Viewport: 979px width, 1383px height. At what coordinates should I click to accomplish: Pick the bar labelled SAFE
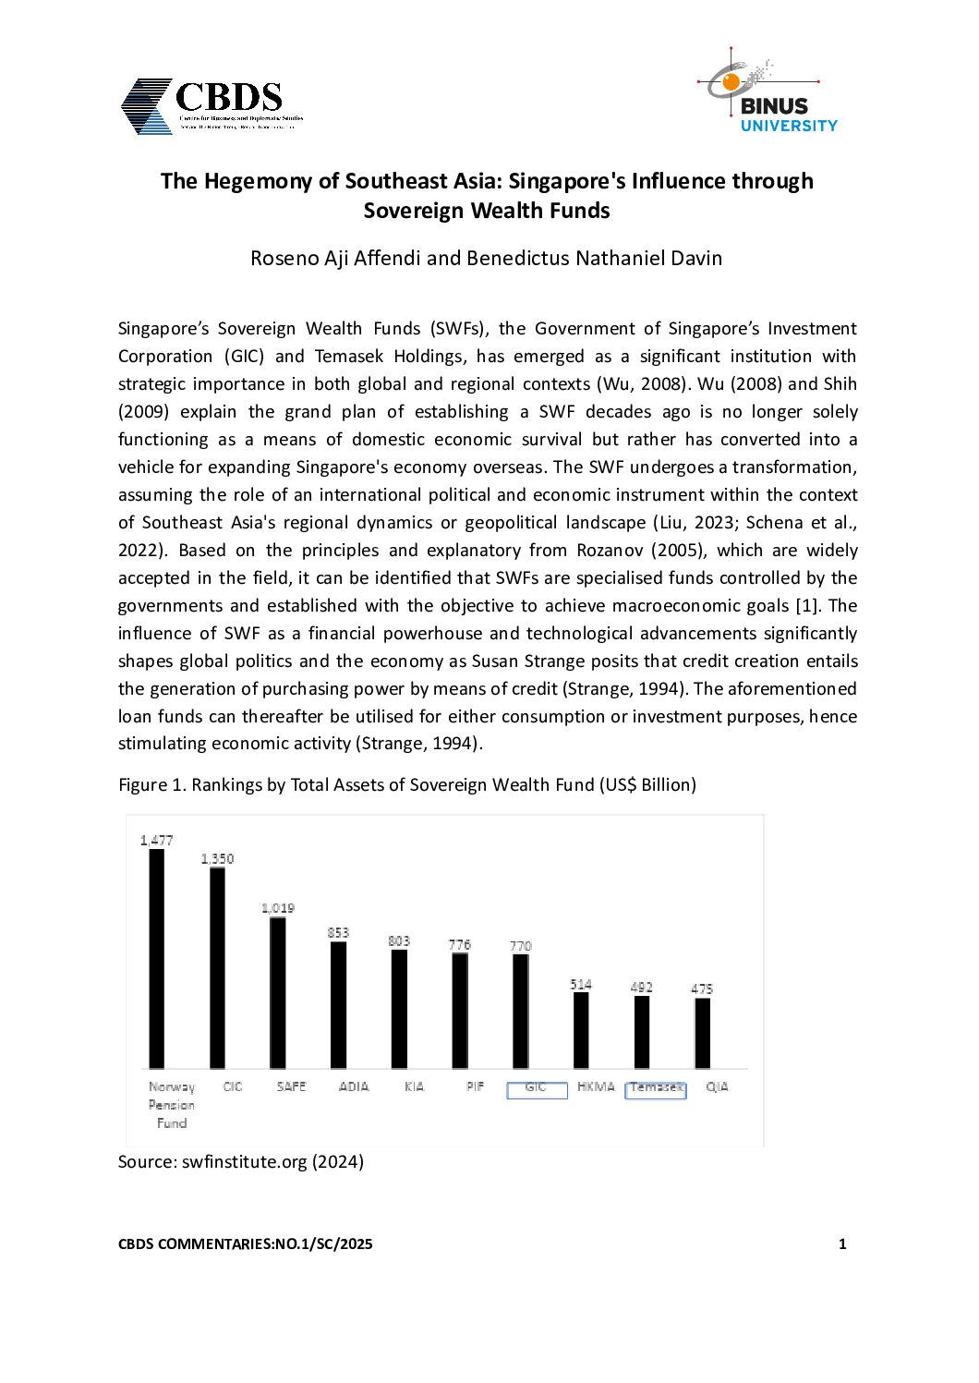277,992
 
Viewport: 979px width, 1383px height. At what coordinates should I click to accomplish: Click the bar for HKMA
581,1030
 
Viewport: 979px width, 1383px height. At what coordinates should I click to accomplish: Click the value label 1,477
156,840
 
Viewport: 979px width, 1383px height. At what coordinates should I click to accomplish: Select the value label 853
338,932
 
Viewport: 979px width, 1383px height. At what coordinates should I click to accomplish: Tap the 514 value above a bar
581,984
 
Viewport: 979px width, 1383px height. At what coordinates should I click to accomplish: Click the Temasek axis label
656,1087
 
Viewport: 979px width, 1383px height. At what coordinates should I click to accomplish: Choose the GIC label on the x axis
536,1087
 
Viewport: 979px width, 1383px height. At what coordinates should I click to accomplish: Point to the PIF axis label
475,1086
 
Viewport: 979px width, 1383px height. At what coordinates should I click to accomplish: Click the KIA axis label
414,1086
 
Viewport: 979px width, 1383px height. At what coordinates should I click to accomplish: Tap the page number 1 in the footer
842,1243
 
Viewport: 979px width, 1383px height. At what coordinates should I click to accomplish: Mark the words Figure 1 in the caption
151,784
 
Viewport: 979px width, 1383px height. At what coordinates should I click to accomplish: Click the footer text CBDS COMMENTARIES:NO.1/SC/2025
246,1243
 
